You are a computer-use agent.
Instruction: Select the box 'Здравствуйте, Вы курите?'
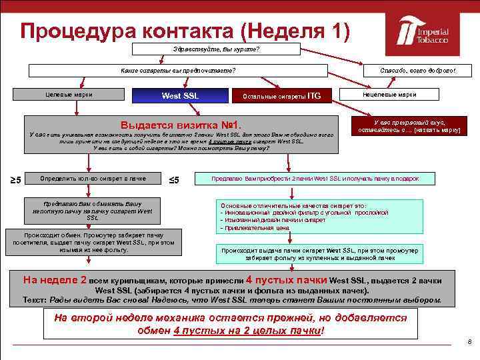(x=216, y=49)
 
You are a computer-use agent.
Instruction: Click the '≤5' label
(x=173, y=179)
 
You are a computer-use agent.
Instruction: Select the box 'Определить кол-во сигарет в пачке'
(x=93, y=179)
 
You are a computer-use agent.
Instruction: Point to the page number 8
(x=469, y=342)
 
